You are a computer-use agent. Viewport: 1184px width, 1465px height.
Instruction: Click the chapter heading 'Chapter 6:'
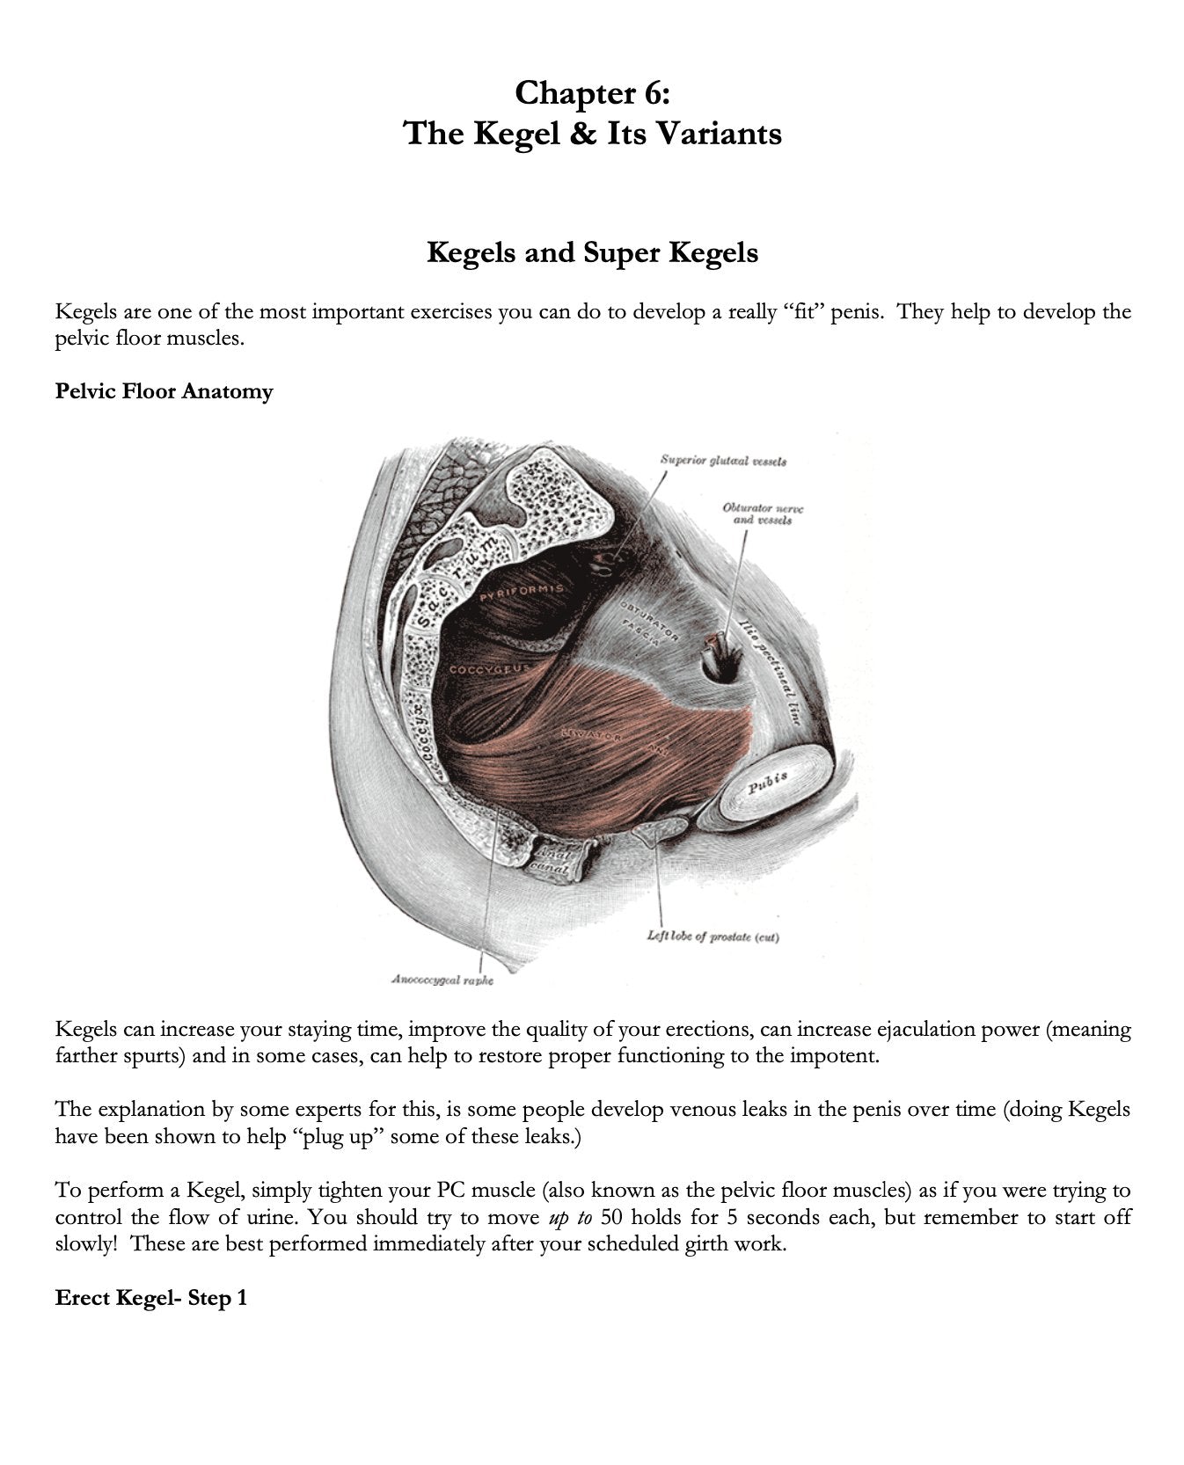click(592, 92)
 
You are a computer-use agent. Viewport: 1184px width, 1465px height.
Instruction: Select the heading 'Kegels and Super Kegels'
click(592, 253)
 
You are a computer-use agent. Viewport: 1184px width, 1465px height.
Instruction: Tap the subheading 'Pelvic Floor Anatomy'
click(164, 391)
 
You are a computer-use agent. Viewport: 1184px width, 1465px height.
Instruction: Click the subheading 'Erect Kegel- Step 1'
click(150, 1298)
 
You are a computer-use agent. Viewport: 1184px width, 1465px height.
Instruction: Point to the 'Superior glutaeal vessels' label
click(723, 461)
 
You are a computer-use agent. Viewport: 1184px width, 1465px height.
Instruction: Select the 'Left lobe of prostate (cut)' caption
click(713, 937)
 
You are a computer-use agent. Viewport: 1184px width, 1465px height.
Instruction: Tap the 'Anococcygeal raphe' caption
click(442, 980)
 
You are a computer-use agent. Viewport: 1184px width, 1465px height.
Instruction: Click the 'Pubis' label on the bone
click(767, 780)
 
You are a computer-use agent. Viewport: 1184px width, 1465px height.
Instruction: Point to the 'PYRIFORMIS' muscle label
click(522, 593)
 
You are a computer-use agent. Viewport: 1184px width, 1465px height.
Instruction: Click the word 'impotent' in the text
click(842, 1056)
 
